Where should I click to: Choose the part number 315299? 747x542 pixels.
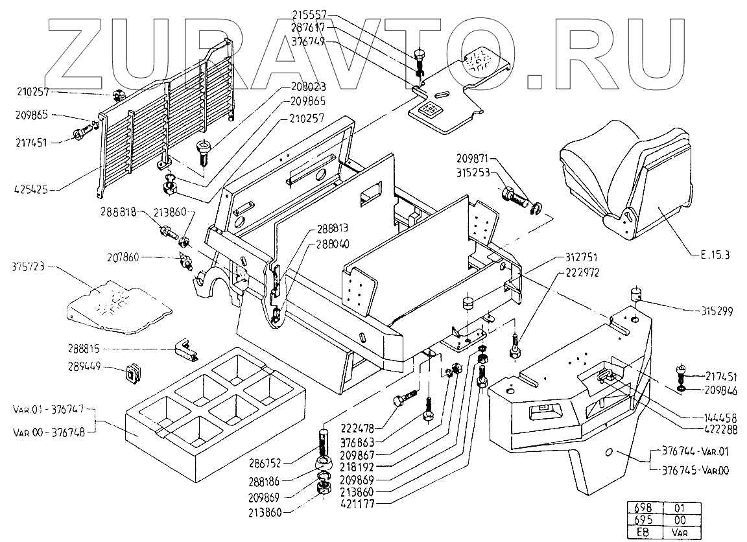tap(717, 311)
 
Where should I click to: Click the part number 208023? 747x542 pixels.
tap(307, 86)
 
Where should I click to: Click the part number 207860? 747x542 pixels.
tap(158, 257)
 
